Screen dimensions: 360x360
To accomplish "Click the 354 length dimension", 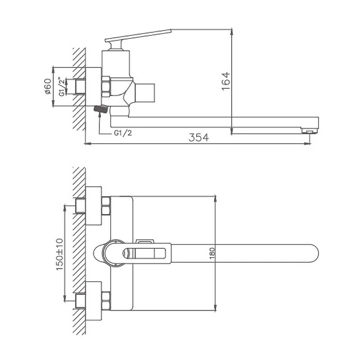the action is (x=198, y=137).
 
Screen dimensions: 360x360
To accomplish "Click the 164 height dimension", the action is (x=226, y=81).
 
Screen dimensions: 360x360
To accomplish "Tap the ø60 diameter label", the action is (x=48, y=86).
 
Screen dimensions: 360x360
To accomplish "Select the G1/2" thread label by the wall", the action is (x=62, y=87).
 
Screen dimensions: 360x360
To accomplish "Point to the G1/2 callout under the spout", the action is (x=123, y=133).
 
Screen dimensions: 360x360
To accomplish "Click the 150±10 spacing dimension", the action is (x=59, y=254).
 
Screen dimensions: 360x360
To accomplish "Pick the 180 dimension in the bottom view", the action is (x=212, y=253).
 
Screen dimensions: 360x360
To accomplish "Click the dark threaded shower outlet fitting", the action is (x=101, y=108).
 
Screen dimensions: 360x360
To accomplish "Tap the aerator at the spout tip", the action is (x=310, y=130).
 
